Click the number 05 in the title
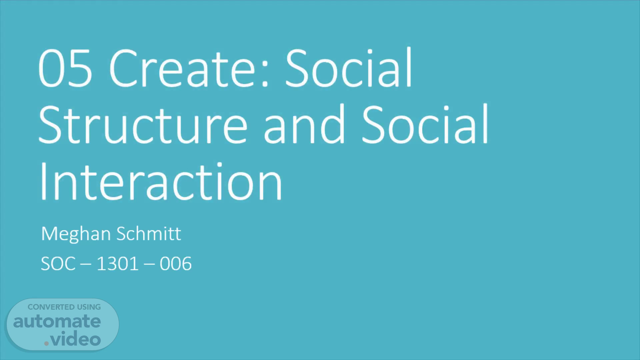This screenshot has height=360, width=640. pos(65,68)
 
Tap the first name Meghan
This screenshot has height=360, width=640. pos(76,234)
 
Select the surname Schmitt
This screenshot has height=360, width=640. pos(149,233)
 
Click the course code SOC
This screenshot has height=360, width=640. pos(58,264)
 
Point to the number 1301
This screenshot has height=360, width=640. pos(117,264)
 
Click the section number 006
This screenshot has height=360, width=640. pos(176,264)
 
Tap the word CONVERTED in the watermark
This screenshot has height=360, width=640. pos(51,307)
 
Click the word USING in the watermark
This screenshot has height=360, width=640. pos(89,307)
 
